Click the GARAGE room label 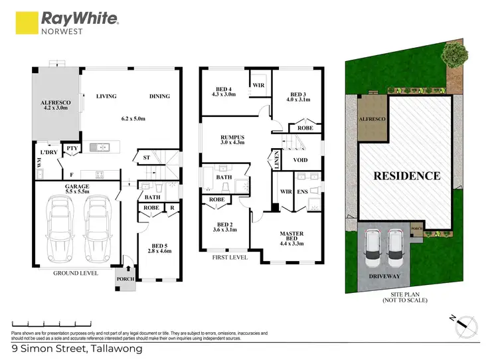[x=77, y=187]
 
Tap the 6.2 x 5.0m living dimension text [x=134, y=119]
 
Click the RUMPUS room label [x=232, y=138]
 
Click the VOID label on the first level [x=300, y=159]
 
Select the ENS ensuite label [x=302, y=192]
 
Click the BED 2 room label [x=222, y=225]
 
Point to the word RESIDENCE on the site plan [x=406, y=176]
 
